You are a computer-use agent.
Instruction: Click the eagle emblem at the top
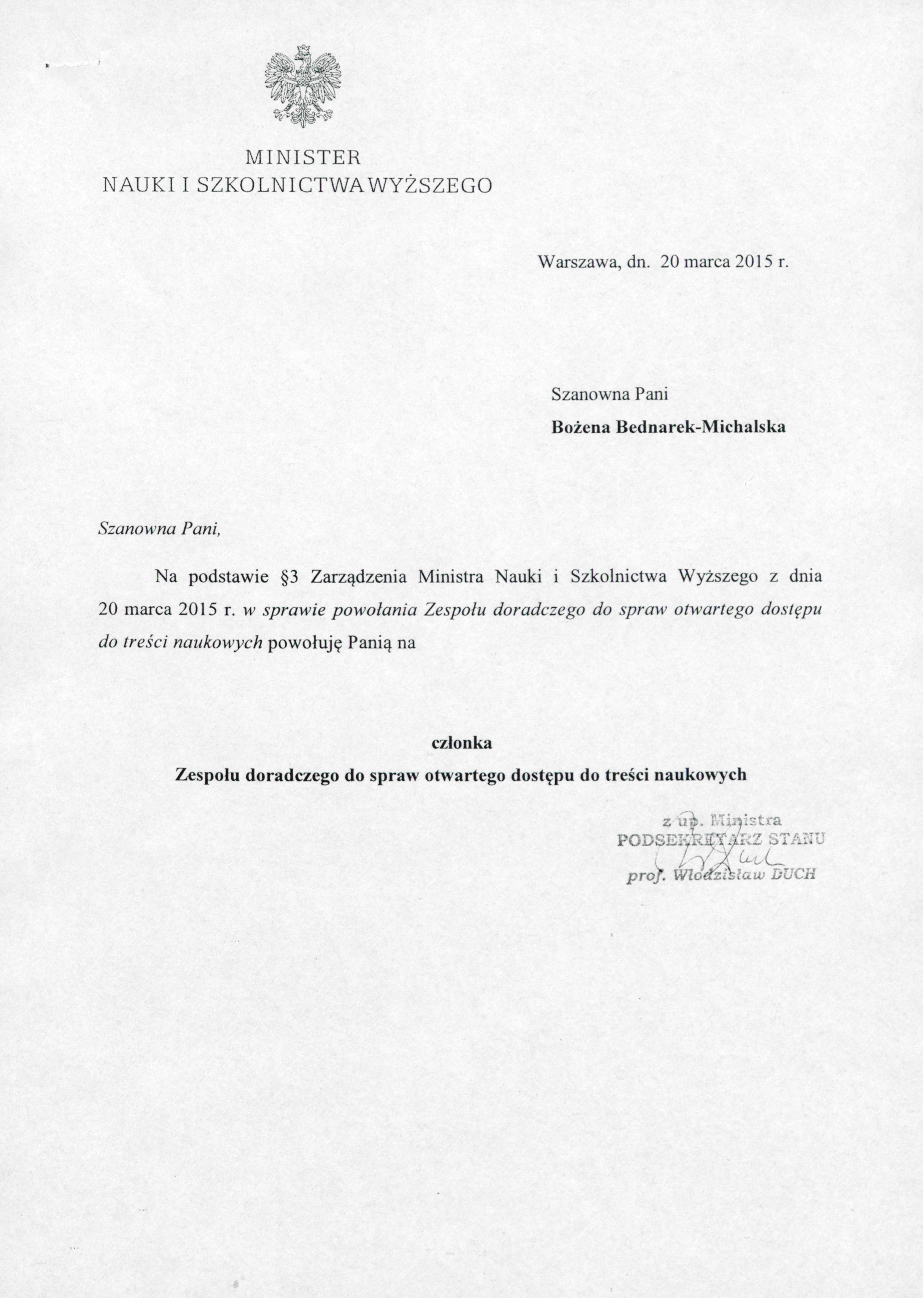click(302, 86)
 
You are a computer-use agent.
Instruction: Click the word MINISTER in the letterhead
click(302, 157)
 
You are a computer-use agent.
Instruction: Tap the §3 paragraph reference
click(290, 577)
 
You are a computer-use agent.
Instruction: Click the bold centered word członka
click(461, 743)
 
